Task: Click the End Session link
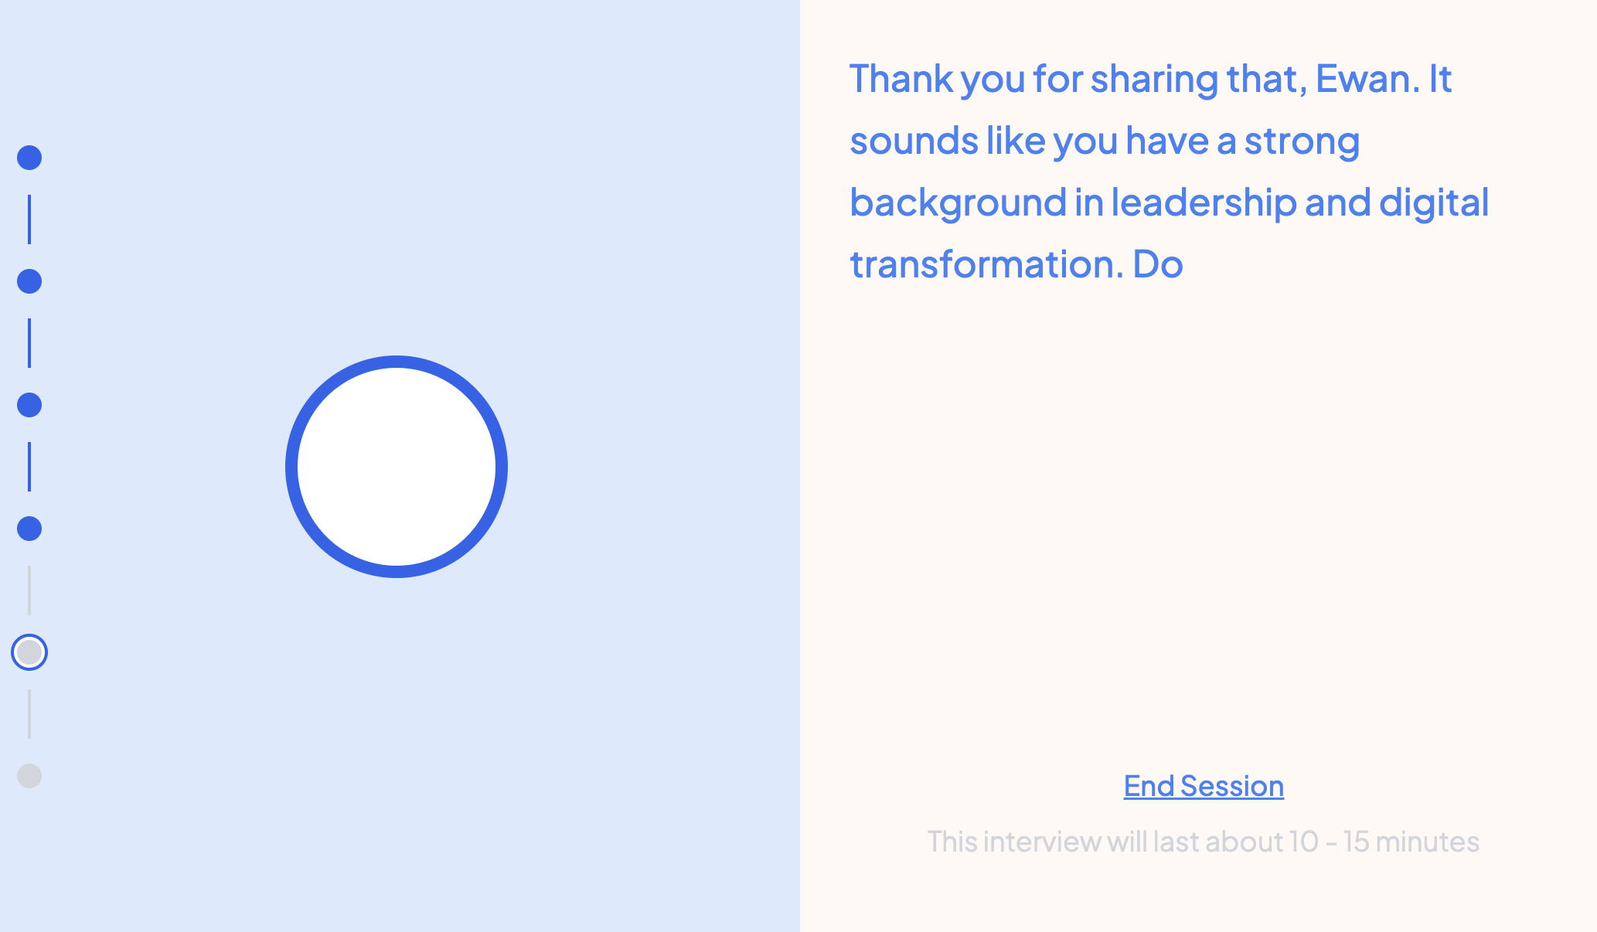pyautogui.click(x=1204, y=786)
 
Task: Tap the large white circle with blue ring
pyautogui.click(x=397, y=467)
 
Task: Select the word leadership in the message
pyautogui.click(x=1204, y=202)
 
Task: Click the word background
pyautogui.click(x=958, y=202)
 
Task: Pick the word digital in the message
pyautogui.click(x=1434, y=202)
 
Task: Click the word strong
pyautogui.click(x=1302, y=141)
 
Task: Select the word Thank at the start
pyautogui.click(x=901, y=79)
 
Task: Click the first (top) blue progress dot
pyautogui.click(x=29, y=158)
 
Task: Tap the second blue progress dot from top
pyautogui.click(x=29, y=281)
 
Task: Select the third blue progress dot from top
pyautogui.click(x=29, y=405)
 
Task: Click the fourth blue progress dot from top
pyautogui.click(x=29, y=529)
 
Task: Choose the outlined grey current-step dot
pyautogui.click(x=29, y=652)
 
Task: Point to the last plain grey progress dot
pyautogui.click(x=29, y=776)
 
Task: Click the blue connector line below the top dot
pyautogui.click(x=29, y=219)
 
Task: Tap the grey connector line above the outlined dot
pyautogui.click(x=29, y=590)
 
